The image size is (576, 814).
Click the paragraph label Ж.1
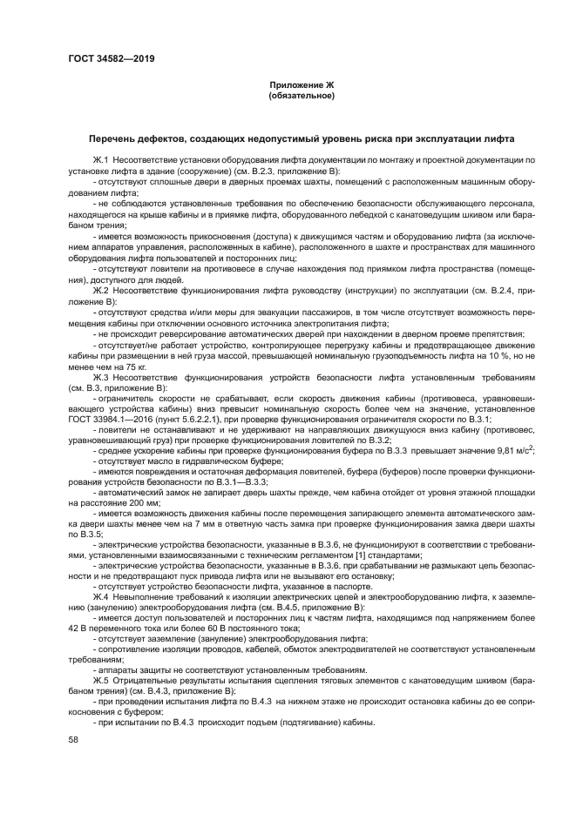(x=100, y=161)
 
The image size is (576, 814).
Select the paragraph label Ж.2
(x=100, y=289)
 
